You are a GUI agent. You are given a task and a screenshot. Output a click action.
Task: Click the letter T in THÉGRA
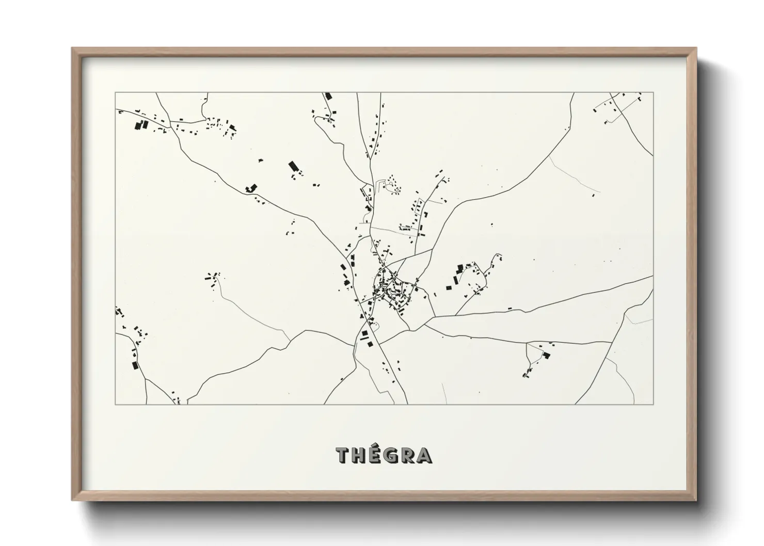tap(344, 456)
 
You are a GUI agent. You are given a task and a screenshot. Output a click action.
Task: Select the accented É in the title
tap(377, 456)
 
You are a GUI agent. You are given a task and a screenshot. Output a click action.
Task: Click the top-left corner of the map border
tap(115, 93)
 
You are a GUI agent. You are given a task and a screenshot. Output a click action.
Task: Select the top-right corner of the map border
tap(653, 93)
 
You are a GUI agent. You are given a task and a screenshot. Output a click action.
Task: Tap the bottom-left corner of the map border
tap(115, 404)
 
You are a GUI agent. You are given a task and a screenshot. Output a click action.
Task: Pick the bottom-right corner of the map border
tap(653, 404)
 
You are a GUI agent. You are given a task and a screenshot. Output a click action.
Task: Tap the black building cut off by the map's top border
tap(327, 97)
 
